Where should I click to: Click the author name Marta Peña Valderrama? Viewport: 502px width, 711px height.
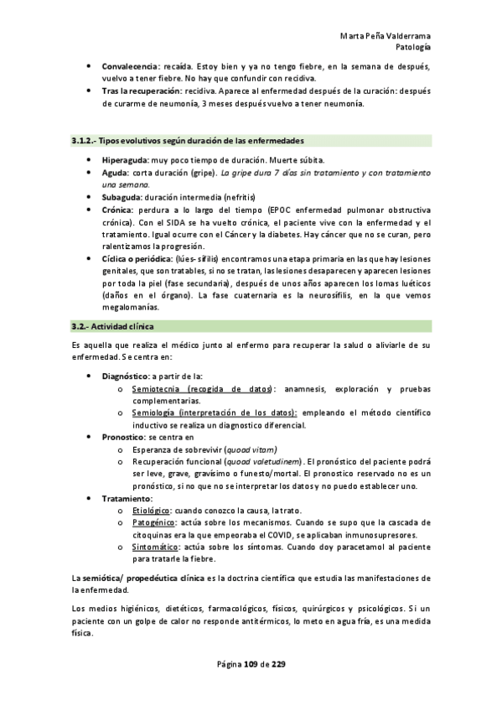tap(386, 36)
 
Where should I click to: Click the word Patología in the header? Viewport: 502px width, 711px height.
tap(412, 47)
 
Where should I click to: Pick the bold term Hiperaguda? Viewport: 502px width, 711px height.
tap(123, 159)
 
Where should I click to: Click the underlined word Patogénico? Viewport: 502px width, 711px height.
tap(152, 522)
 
